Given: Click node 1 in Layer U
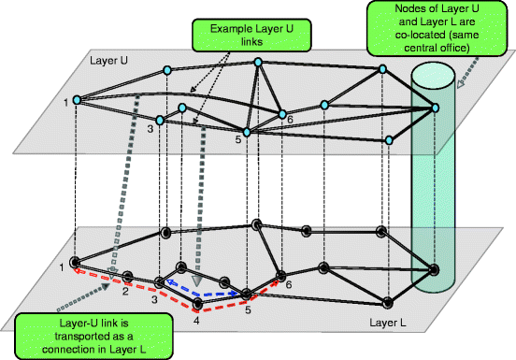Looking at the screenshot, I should coord(75,100).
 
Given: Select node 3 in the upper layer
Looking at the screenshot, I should coord(160,120).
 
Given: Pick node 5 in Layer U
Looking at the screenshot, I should coord(247,133).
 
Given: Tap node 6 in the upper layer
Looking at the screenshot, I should coord(280,115).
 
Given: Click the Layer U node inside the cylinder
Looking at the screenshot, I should coord(434,110).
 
